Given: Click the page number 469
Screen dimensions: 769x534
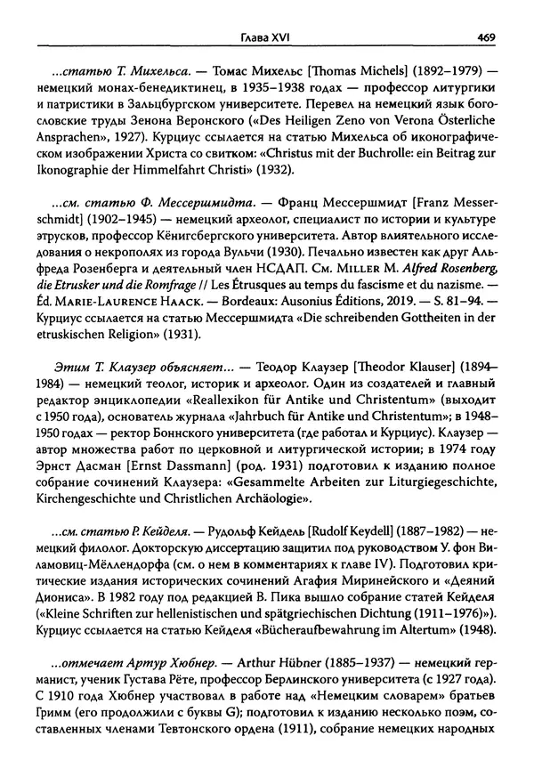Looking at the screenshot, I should pyautogui.click(x=486, y=12).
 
